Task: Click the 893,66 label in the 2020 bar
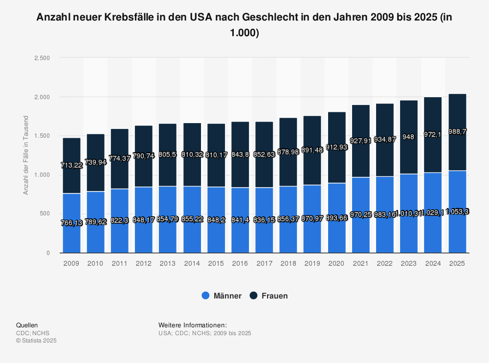pos(336,218)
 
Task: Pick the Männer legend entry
pos(222,296)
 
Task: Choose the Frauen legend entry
pos(268,296)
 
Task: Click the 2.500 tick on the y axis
pos(42,58)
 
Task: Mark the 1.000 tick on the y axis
pos(42,175)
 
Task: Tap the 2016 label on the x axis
pos(240,263)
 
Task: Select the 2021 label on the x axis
pos(360,263)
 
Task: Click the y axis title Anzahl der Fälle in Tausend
pos(26,155)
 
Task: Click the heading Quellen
pos(27,325)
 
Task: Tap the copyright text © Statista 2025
pos(36,341)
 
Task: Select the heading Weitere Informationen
pos(193,325)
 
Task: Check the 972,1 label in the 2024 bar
pos(433,134)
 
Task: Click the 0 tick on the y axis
pos(48,253)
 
